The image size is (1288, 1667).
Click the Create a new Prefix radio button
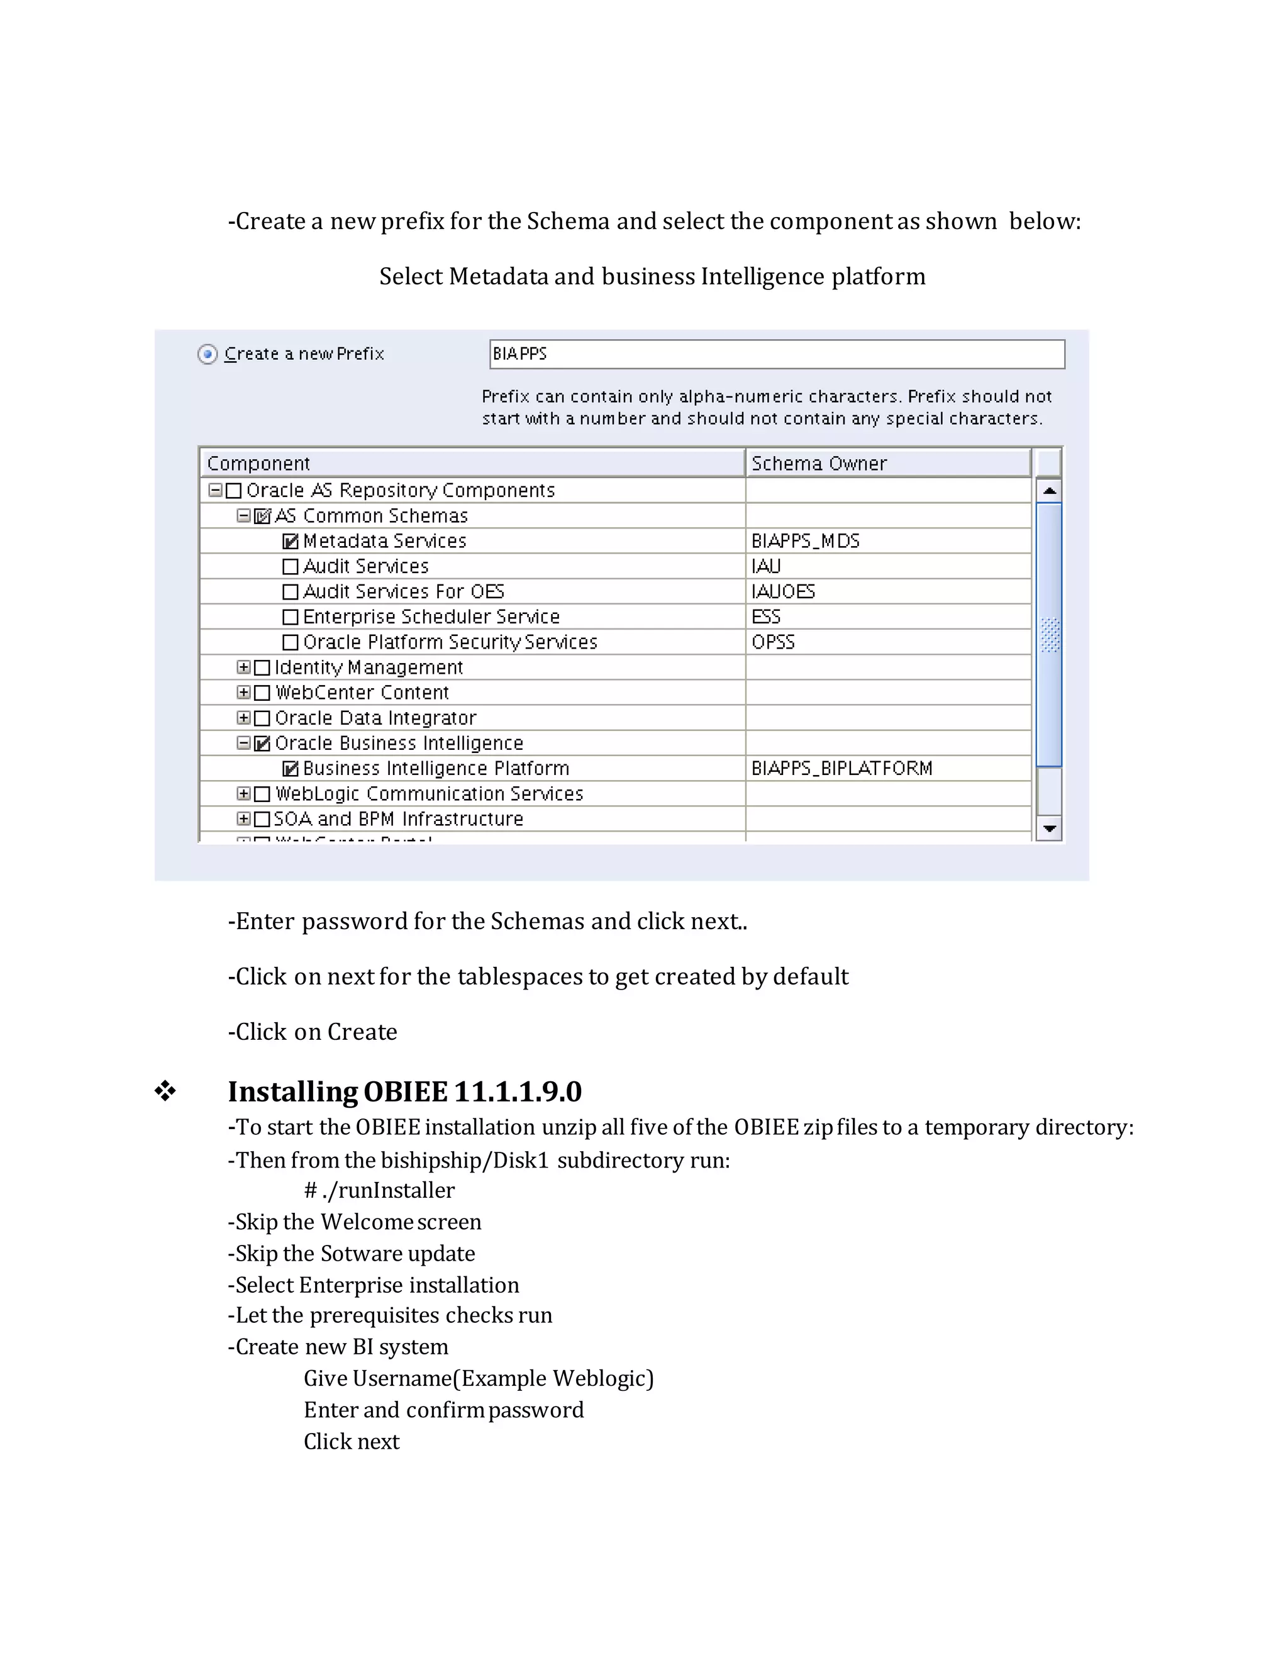pyautogui.click(x=208, y=354)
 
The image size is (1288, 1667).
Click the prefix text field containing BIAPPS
pyautogui.click(x=776, y=354)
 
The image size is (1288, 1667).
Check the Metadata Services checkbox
pyautogui.click(x=290, y=541)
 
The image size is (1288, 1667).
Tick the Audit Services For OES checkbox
pyautogui.click(x=290, y=591)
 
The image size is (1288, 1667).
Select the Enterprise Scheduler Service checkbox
pyautogui.click(x=290, y=616)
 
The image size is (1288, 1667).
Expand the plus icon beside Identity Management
pyautogui.click(x=243, y=667)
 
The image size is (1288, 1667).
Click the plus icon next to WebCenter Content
pyautogui.click(x=243, y=693)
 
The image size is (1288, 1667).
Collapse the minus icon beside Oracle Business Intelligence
pyautogui.click(x=243, y=743)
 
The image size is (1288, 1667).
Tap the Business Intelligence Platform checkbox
pyautogui.click(x=290, y=769)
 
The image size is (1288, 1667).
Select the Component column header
pyautogui.click(x=472, y=464)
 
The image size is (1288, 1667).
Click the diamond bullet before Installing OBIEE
pyautogui.click(x=165, y=1091)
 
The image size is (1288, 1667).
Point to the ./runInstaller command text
pyautogui.click(x=387, y=1190)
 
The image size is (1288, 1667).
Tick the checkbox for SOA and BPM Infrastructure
pyautogui.click(x=262, y=819)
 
